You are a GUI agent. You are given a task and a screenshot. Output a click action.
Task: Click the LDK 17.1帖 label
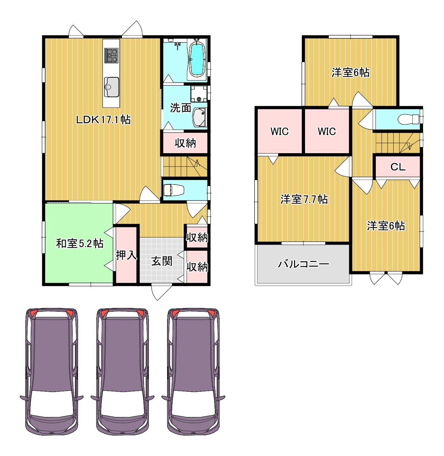(x=103, y=120)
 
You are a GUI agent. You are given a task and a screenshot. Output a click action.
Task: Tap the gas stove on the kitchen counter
(x=111, y=55)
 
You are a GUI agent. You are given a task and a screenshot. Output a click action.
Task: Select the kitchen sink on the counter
(x=112, y=87)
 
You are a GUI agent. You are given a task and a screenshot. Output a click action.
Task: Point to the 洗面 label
(x=180, y=108)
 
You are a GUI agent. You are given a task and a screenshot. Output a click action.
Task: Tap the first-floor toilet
(x=174, y=190)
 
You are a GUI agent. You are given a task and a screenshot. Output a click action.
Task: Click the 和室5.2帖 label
(x=80, y=243)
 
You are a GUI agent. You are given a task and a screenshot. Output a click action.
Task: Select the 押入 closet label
(x=126, y=255)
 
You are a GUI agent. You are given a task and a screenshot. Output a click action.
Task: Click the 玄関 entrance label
(x=162, y=261)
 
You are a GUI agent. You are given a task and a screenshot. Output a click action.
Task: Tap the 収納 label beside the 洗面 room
(x=185, y=143)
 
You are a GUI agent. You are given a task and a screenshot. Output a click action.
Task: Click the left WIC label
(x=279, y=131)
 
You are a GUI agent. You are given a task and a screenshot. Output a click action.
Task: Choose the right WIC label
(x=327, y=131)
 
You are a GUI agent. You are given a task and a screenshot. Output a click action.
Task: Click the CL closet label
(x=398, y=167)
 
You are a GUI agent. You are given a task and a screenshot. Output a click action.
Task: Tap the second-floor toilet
(x=408, y=119)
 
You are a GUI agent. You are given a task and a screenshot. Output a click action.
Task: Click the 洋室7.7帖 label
(x=304, y=199)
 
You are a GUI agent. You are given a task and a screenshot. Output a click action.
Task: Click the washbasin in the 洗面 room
(x=199, y=117)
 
